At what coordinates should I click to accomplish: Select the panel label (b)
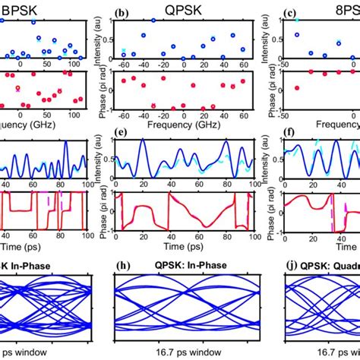pyautogui.click(x=119, y=12)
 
